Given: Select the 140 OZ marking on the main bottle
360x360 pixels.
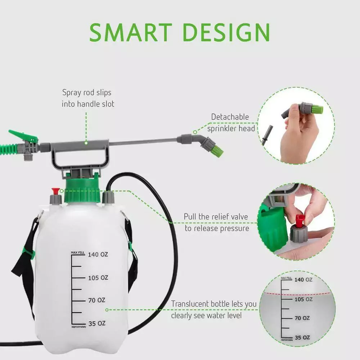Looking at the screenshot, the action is pyautogui.click(x=98, y=255).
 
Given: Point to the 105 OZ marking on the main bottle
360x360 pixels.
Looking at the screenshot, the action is pyautogui.click(x=98, y=278).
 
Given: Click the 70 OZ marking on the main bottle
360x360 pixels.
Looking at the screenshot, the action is pyautogui.click(x=96, y=300).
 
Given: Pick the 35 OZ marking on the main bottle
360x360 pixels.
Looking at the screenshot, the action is pyautogui.click(x=97, y=324).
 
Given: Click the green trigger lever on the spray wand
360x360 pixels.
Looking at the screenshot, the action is pyautogui.click(x=23, y=136).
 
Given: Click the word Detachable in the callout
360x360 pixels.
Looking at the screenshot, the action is pyautogui.click(x=230, y=117).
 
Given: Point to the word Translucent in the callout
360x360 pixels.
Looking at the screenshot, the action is pyautogui.click(x=189, y=304).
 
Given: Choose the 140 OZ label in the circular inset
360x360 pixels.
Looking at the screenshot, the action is pyautogui.click(x=303, y=280).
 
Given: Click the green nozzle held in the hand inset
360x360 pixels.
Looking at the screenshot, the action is pyautogui.click(x=317, y=109).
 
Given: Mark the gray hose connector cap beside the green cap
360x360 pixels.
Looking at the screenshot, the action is pyautogui.click(x=108, y=197).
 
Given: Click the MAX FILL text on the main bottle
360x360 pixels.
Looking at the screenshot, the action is pyautogui.click(x=78, y=253).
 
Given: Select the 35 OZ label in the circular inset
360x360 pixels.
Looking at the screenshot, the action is pyautogui.click(x=302, y=338).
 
